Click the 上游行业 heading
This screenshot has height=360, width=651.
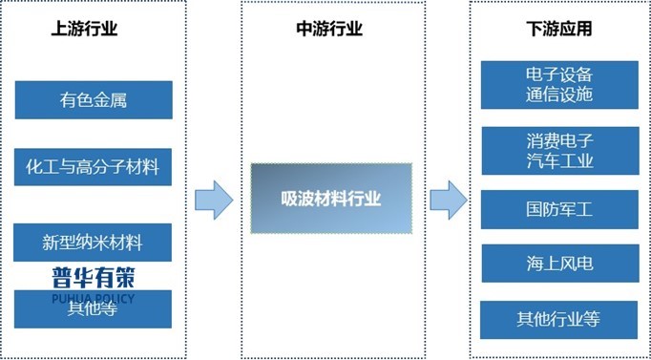(x=84, y=29)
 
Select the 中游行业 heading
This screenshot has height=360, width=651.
(x=330, y=29)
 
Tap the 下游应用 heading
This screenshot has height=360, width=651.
(x=559, y=29)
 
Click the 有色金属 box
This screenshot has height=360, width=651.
(x=94, y=99)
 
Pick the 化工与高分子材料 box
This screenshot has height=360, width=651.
(x=94, y=168)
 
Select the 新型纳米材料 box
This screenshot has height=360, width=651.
(x=94, y=243)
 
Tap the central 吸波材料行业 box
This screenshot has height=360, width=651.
(x=331, y=199)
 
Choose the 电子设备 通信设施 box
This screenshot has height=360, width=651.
(x=559, y=85)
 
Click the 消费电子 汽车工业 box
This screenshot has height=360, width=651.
(x=559, y=151)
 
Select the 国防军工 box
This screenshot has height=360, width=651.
(x=559, y=209)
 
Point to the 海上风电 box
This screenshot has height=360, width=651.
(x=559, y=264)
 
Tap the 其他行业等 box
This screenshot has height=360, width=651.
(x=559, y=319)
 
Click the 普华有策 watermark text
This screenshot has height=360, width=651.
(x=94, y=278)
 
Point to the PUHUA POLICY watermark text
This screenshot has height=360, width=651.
(x=94, y=297)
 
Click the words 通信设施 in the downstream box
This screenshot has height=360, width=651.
(x=559, y=95)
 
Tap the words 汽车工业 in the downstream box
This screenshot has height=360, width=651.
(x=559, y=160)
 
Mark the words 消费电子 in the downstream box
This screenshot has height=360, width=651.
(x=559, y=140)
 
